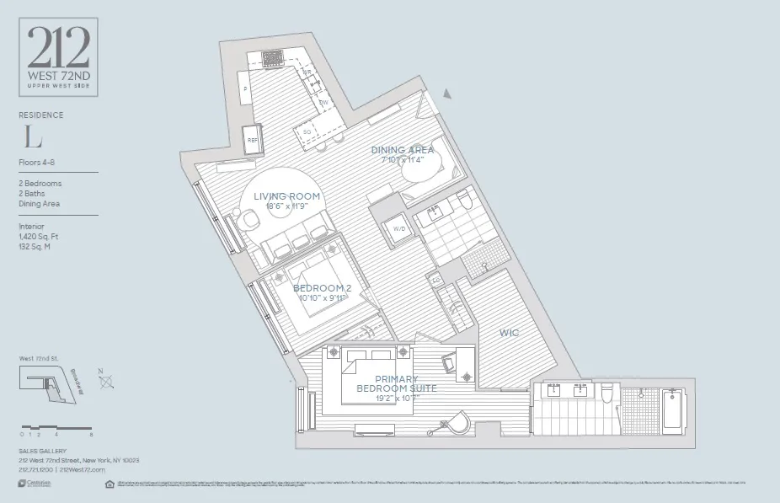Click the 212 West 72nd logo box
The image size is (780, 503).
58,57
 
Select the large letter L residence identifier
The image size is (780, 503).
33,136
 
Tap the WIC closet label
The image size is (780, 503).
510,333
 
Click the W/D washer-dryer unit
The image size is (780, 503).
396,228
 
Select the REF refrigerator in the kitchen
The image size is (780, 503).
252,141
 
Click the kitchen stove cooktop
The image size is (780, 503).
273,58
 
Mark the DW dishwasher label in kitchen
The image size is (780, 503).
323,102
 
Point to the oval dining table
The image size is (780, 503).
422,171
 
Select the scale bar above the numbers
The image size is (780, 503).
56,427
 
